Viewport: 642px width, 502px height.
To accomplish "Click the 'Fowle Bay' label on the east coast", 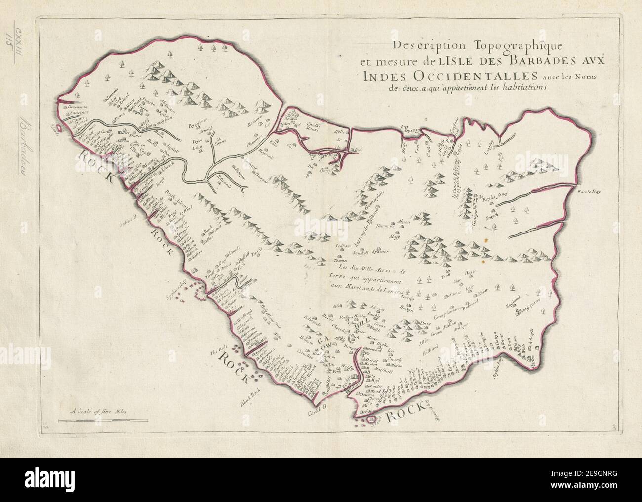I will [588, 193].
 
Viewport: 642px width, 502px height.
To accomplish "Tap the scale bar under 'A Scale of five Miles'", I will [102, 420].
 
